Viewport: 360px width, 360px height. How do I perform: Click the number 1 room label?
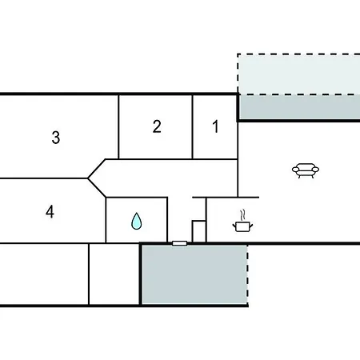point(215,126)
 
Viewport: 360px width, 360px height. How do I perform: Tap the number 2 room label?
point(157,126)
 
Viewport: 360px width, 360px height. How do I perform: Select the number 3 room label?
point(56,138)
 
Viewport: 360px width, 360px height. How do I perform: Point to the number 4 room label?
point(50,212)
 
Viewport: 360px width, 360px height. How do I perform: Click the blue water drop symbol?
point(137,221)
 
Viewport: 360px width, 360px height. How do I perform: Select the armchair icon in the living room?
point(306,170)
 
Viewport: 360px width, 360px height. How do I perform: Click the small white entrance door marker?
point(179,243)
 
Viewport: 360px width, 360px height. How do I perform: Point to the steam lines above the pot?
point(242,215)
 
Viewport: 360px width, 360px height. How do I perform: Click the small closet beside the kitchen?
point(199,231)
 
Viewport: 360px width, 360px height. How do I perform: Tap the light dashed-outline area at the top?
point(298,74)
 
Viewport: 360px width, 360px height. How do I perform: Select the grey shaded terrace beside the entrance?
point(194,274)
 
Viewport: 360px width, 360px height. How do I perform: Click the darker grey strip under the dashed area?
point(299,107)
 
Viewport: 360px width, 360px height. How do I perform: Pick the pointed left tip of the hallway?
point(88,178)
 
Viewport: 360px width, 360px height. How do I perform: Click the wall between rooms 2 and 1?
point(192,127)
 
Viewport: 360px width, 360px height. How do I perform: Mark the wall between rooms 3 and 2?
point(118,127)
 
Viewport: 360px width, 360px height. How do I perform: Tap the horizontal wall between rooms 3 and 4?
point(44,178)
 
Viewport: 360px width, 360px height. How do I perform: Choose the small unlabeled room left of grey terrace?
point(114,274)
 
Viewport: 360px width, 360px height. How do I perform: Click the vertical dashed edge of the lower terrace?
point(247,274)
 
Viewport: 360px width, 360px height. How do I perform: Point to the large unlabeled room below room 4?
point(44,274)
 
